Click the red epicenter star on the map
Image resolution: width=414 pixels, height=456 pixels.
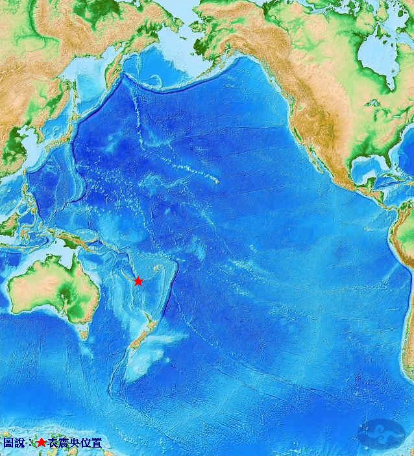pyautogui.click(x=138, y=281)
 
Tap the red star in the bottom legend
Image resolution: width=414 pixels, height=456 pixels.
pyautogui.click(x=41, y=443)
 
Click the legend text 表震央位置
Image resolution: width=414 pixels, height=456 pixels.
pyautogui.click(x=74, y=443)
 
